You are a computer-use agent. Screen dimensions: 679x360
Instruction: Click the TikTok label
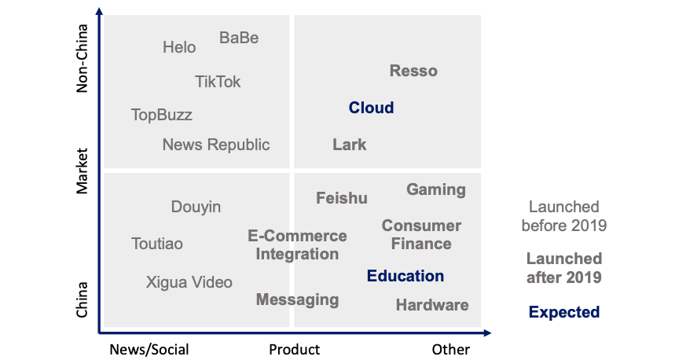tap(218, 82)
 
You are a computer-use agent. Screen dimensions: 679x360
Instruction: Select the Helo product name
tap(179, 47)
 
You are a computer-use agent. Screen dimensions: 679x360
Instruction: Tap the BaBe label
tap(239, 38)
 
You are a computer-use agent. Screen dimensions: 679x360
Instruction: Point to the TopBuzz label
tap(162, 116)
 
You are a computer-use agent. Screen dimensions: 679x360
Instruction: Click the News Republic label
tap(216, 145)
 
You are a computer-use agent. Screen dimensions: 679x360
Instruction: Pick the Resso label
tap(413, 71)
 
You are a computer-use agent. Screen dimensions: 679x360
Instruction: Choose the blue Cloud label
tap(371, 108)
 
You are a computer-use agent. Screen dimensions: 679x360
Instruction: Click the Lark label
tap(350, 145)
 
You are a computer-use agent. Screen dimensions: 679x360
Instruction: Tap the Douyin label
tap(196, 207)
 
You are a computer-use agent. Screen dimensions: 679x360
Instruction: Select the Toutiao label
tap(156, 244)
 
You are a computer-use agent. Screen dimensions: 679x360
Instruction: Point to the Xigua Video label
tap(189, 282)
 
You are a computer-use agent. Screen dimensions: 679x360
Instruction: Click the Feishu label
tap(342, 198)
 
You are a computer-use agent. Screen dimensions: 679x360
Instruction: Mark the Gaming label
tap(436, 189)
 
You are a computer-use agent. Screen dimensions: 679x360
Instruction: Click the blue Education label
tap(406, 276)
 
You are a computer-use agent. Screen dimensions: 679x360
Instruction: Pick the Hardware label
tap(432, 305)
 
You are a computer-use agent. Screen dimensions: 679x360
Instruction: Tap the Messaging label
tap(298, 299)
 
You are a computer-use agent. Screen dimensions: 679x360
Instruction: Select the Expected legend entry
tap(564, 312)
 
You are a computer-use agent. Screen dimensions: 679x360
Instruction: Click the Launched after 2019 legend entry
tap(564, 268)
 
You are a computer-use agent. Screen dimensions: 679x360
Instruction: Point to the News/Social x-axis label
tap(149, 349)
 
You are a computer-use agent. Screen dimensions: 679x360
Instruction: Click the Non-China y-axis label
tap(82, 58)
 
